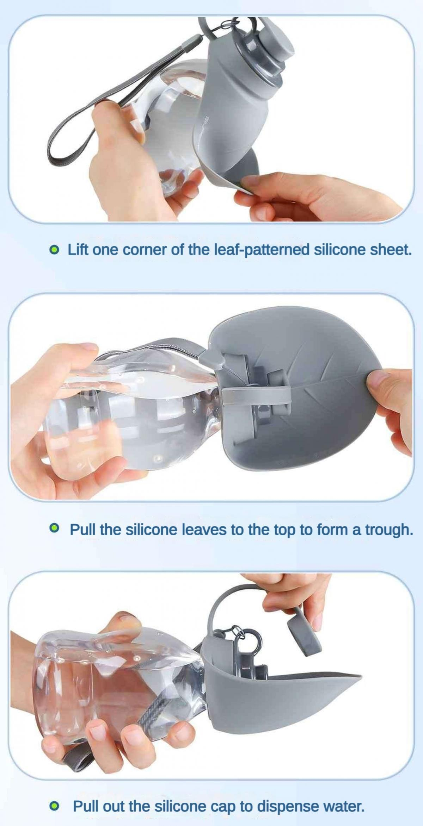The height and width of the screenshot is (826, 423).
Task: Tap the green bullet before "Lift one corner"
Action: tap(54, 250)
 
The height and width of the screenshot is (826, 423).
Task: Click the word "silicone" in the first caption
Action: tap(340, 250)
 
